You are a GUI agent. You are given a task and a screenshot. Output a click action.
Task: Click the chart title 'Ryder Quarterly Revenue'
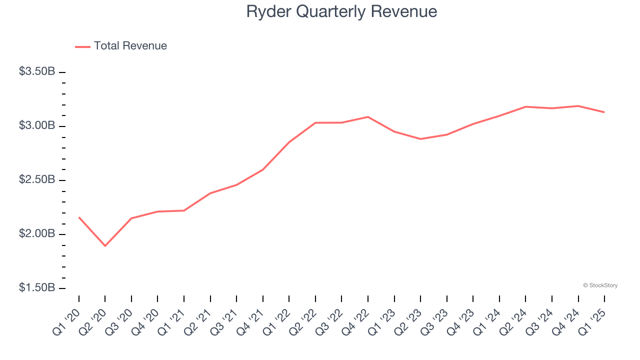341,11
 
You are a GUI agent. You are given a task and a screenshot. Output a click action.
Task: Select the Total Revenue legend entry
121,46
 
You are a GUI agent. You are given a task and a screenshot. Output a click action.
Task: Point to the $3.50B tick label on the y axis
37,72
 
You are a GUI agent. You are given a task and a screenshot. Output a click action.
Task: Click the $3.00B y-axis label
37,125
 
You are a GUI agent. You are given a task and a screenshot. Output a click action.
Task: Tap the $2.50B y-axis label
37,179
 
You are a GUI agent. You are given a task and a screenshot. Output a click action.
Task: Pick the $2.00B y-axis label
37,234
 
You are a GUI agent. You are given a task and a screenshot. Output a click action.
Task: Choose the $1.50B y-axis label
37,288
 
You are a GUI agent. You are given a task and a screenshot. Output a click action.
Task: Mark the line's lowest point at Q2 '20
105,246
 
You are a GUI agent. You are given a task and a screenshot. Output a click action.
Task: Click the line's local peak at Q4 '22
368,117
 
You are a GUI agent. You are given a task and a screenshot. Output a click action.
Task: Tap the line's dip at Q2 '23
420,139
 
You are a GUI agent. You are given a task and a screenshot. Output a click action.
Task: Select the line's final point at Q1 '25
604,112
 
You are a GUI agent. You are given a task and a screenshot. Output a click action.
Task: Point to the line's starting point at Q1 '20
79,217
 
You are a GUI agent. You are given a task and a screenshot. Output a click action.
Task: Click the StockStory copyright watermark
600,285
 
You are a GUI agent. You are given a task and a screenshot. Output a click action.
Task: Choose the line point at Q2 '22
315,122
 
